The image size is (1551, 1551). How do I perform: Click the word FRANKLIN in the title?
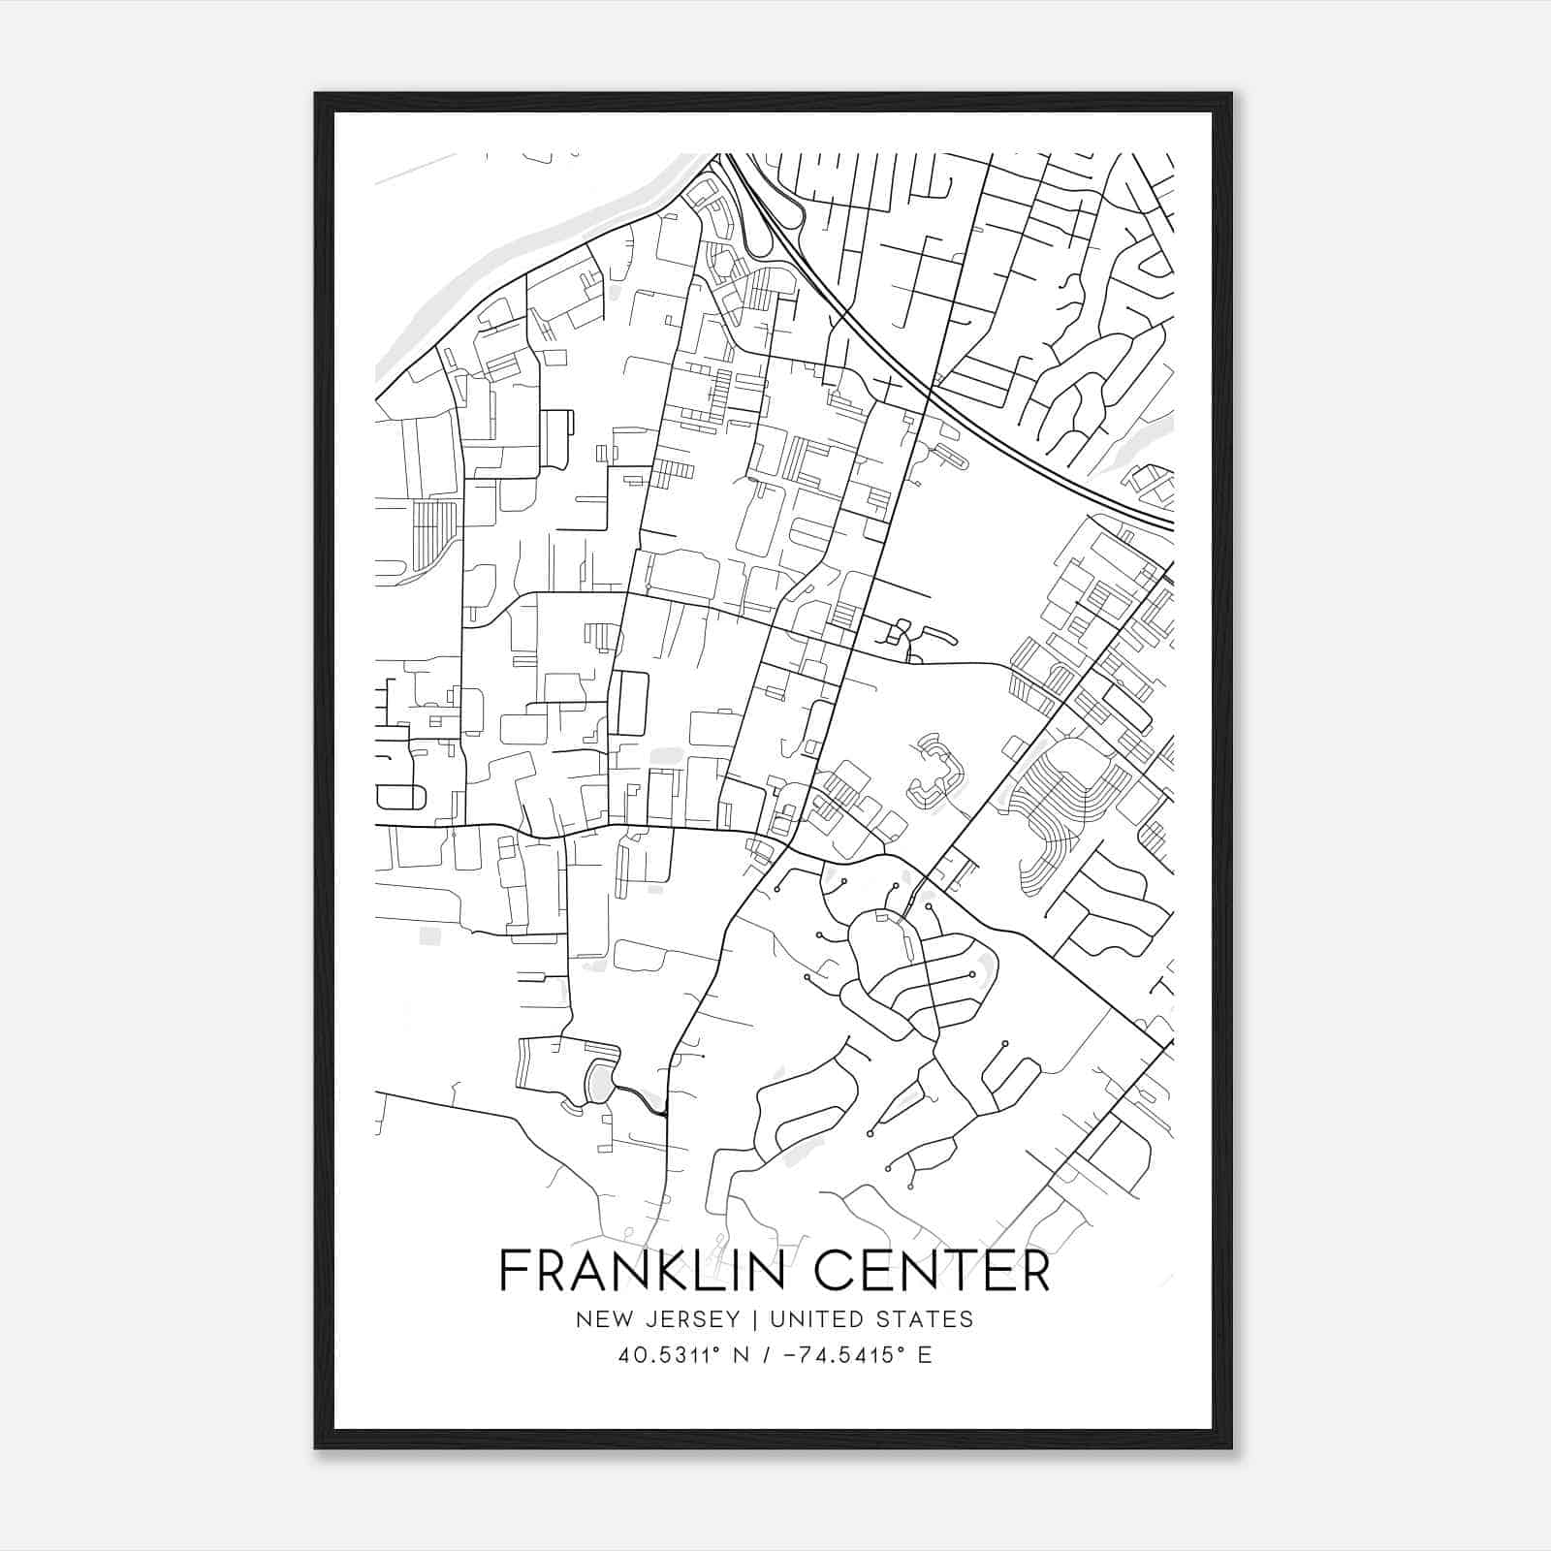(x=640, y=1270)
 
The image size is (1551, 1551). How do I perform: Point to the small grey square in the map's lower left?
(x=429, y=935)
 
